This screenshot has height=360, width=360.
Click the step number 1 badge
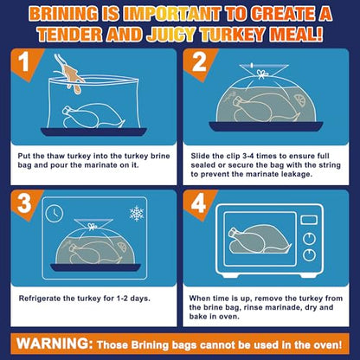[x=24, y=61]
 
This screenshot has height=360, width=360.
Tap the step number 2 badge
[x=199, y=61]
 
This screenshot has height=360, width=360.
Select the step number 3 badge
[x=24, y=202]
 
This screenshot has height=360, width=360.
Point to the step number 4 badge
[x=199, y=202]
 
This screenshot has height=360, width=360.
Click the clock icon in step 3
[x=55, y=214]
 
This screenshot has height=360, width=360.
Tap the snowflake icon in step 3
[x=137, y=214]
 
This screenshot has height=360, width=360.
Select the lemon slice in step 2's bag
[x=301, y=100]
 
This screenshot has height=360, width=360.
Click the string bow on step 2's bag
[x=262, y=74]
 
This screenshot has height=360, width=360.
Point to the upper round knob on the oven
[x=309, y=239]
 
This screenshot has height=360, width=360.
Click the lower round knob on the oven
[x=309, y=255]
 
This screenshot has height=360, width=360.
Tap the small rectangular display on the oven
[x=309, y=220]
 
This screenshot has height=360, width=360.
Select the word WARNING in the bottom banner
[x=54, y=344]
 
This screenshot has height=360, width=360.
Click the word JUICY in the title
[x=170, y=35]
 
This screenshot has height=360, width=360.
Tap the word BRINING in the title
[x=63, y=14]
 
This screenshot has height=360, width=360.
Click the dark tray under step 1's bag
[x=93, y=132]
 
